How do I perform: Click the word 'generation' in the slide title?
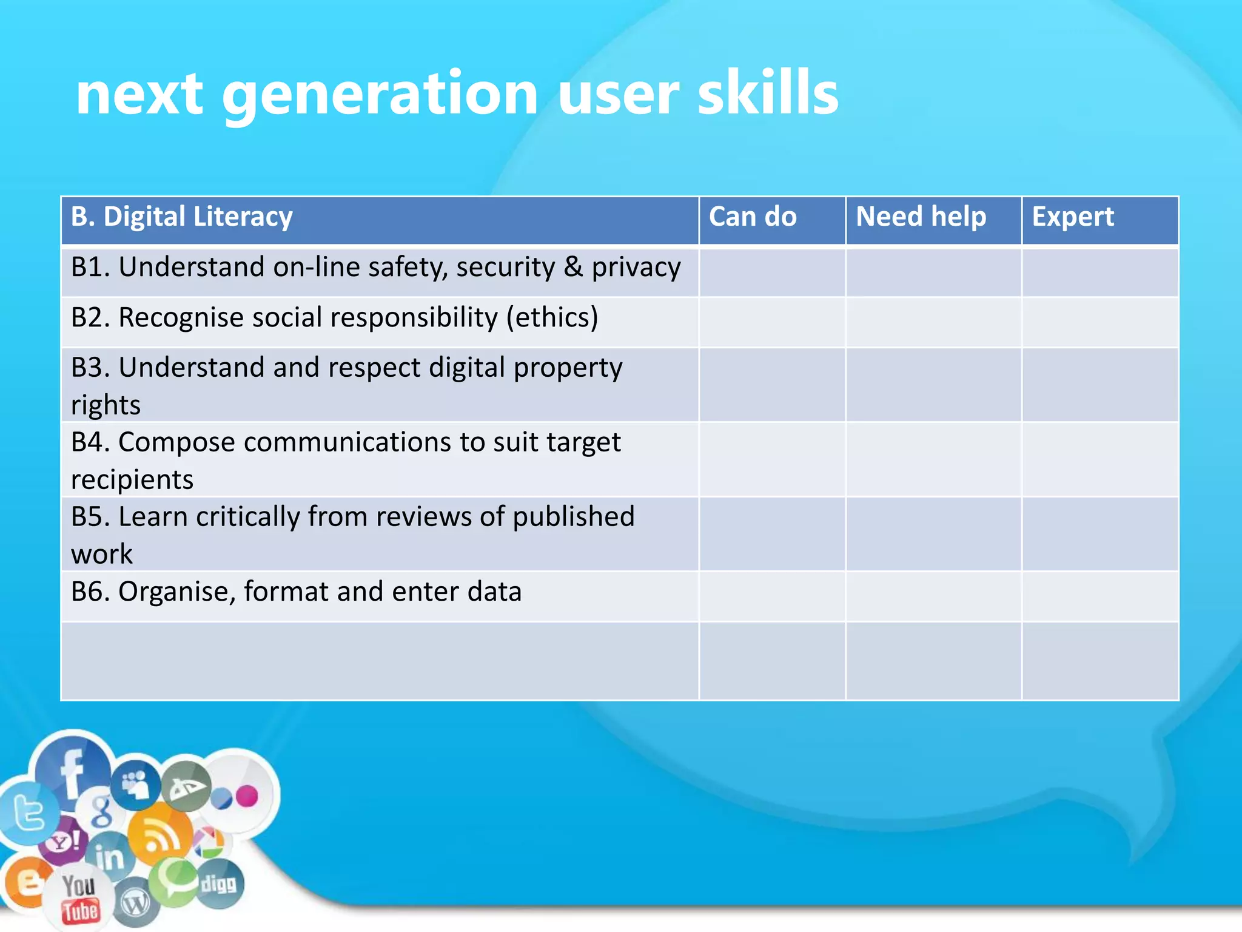pyautogui.click(x=380, y=95)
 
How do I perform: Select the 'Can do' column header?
pyautogui.click(x=753, y=217)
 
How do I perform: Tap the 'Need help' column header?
pyautogui.click(x=921, y=217)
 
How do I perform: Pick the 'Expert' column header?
pyautogui.click(x=1073, y=217)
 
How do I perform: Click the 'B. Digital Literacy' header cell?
pyautogui.click(x=182, y=217)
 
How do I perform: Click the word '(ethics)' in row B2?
pyautogui.click(x=552, y=318)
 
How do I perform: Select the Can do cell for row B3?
pyautogui.click(x=772, y=385)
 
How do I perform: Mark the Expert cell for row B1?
pyautogui.click(x=1100, y=272)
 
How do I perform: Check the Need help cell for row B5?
pyautogui.click(x=933, y=534)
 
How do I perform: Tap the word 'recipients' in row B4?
pyautogui.click(x=132, y=480)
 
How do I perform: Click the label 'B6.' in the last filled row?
pyautogui.click(x=90, y=592)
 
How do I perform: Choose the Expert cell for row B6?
pyautogui.click(x=1100, y=596)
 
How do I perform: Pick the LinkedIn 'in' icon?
pyautogui.click(x=110, y=857)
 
